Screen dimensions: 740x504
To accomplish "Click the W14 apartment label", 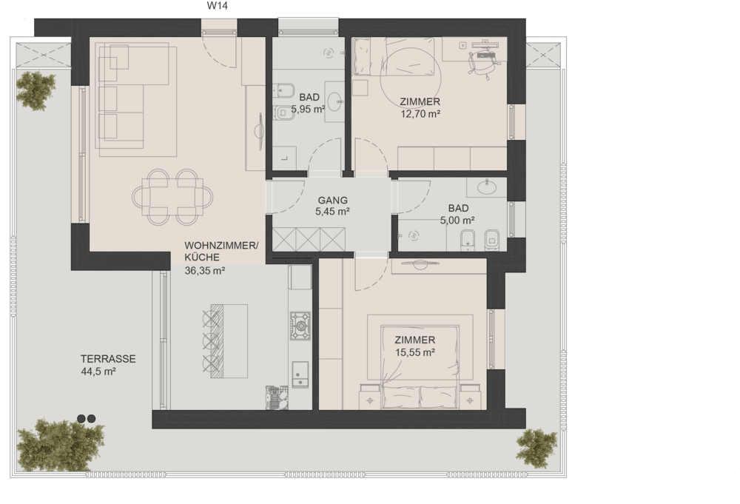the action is point(217,6).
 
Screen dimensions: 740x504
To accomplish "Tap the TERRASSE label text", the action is point(108,359).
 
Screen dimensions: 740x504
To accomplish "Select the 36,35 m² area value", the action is point(205,270).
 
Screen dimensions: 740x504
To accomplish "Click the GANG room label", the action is point(333,200).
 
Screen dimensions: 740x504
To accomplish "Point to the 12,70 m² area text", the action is point(420,114).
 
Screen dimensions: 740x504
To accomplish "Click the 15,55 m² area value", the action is point(415,352).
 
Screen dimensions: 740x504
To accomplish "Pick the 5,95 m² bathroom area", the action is point(308,110).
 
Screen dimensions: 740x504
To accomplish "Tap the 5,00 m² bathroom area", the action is point(457,221).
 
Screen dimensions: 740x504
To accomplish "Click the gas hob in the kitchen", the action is point(300,325).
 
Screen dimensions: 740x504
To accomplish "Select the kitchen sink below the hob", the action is point(300,374).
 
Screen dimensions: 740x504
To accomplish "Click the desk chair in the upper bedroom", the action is point(481,63).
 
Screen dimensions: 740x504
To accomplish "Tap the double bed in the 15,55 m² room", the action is point(420,366).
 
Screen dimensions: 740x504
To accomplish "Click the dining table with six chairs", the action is point(172,197).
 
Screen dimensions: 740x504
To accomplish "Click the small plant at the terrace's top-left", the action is point(36,90).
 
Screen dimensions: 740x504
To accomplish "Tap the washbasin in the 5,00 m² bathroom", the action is point(487,187).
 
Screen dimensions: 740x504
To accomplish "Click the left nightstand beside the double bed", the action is point(369,397).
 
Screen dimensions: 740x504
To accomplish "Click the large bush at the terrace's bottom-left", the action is point(61,445).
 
